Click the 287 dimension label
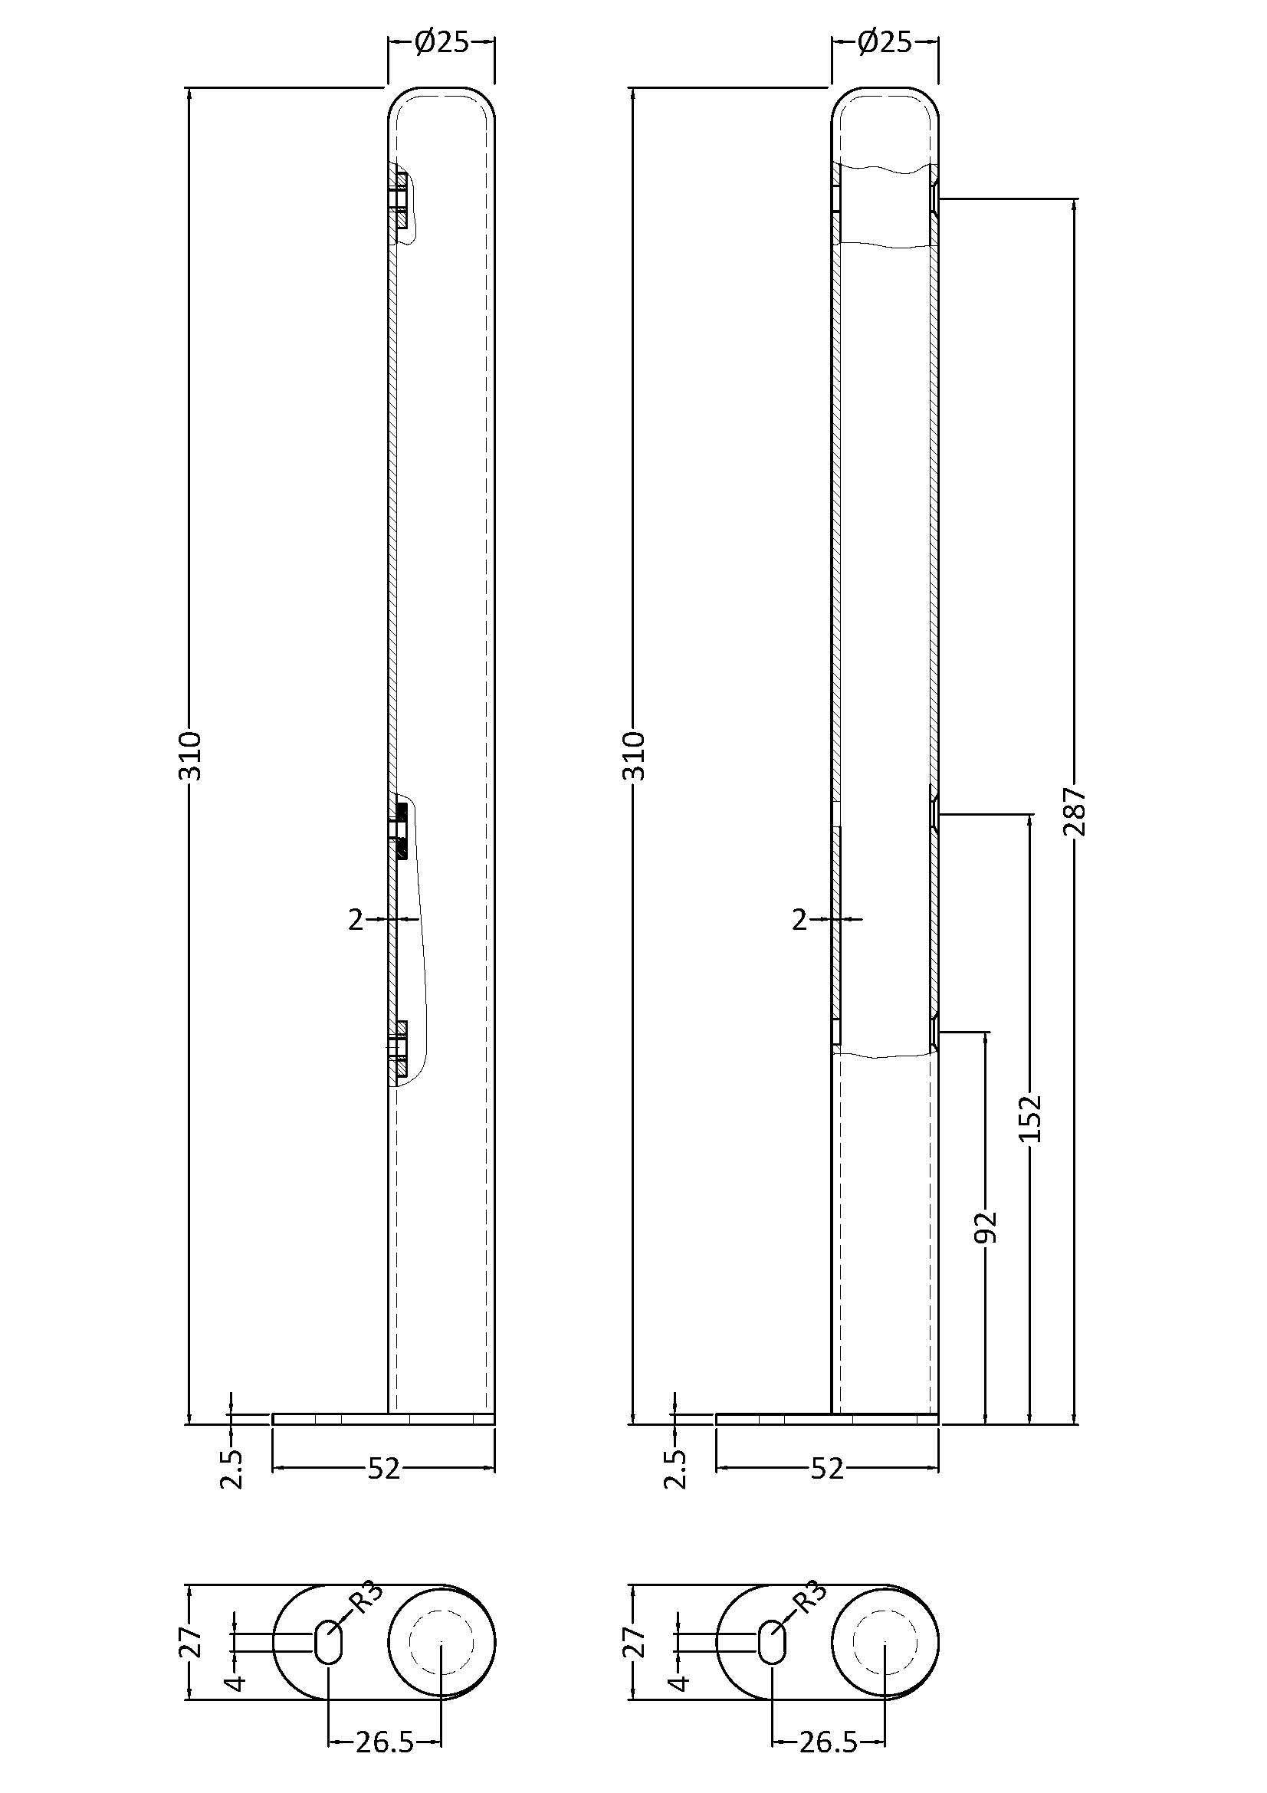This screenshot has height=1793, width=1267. click(1075, 810)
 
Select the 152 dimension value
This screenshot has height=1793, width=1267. click(1030, 1118)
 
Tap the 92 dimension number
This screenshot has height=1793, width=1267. click(986, 1227)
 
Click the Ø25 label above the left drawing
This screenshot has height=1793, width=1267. click(441, 42)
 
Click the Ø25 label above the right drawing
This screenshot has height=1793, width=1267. click(885, 42)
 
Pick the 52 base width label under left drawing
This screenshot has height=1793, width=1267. click(383, 1470)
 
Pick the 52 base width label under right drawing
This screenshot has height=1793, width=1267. click(827, 1470)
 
